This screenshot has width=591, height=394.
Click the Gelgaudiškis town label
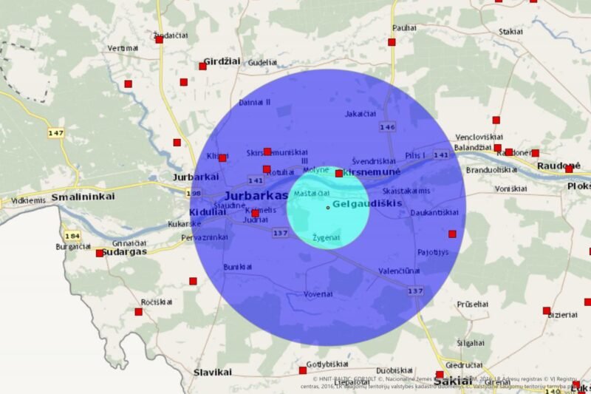tap(366, 203)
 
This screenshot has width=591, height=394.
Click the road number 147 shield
tap(55, 133)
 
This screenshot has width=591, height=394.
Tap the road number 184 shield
tap(71, 236)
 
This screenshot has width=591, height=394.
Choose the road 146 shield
tap(387, 127)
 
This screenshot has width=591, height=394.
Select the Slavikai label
tap(213, 373)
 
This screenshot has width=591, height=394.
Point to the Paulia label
tap(405, 27)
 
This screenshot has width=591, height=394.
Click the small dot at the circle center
tap(328, 207)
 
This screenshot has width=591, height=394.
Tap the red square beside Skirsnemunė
tap(338, 174)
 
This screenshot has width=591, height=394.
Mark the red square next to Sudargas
tap(100, 253)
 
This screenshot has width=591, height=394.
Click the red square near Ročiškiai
tap(138, 312)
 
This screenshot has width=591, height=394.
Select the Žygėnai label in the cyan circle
tap(326, 238)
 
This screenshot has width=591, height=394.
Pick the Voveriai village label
tap(318, 294)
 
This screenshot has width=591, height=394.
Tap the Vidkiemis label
tap(29, 200)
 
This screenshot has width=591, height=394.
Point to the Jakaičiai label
tap(361, 114)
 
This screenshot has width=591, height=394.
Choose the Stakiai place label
tap(510, 32)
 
